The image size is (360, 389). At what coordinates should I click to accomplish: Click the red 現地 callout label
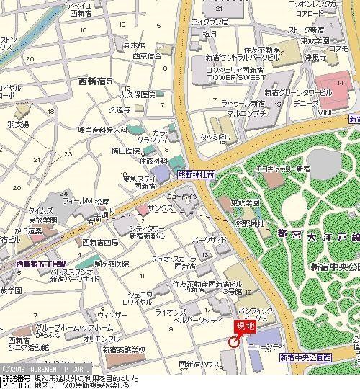click(246, 326)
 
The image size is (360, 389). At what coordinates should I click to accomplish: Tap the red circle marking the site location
click(233, 342)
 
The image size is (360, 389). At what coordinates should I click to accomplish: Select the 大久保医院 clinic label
click(138, 94)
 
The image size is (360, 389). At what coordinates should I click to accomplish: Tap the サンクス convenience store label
click(161, 206)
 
